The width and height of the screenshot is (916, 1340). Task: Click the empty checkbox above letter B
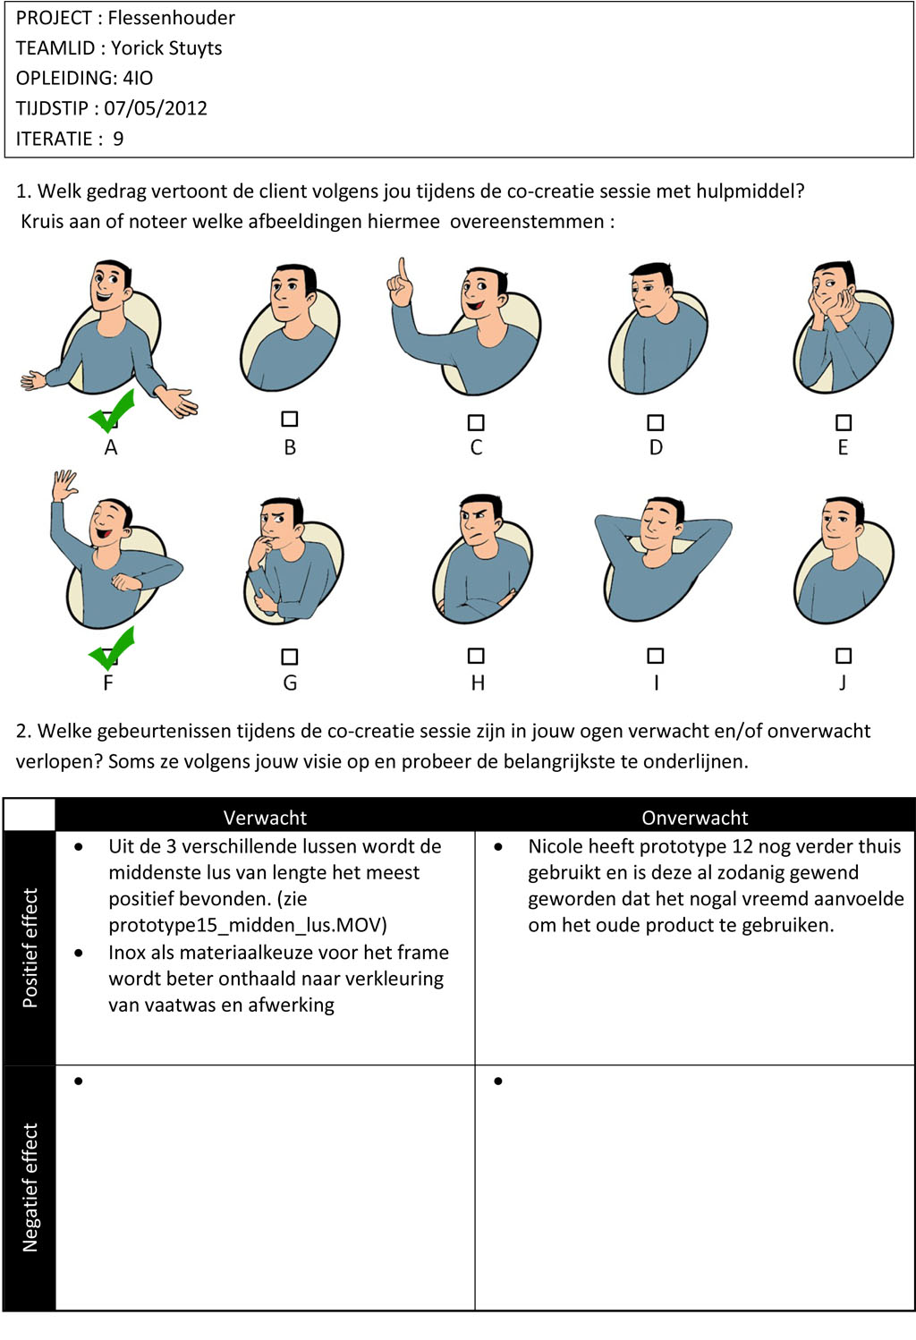coord(289,419)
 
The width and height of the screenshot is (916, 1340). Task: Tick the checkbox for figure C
coord(476,422)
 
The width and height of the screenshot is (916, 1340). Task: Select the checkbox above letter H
coord(476,656)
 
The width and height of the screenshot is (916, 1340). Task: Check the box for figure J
coord(843,656)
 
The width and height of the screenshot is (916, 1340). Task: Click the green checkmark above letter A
coord(112,411)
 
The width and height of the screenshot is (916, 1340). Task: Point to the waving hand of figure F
coord(64,486)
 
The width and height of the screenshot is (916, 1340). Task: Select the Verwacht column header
coord(265,818)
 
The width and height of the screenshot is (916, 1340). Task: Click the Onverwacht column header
coord(695,818)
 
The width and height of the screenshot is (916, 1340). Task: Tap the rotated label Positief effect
coord(30,948)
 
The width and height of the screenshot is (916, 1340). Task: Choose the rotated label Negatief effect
coord(30,1187)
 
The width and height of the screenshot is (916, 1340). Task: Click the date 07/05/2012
coord(156,108)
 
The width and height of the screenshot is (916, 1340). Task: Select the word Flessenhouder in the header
coord(171,18)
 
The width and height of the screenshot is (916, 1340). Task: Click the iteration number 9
coord(118,139)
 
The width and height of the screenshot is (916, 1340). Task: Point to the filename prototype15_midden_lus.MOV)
coord(248,925)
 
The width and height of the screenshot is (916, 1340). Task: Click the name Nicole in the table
coord(556,846)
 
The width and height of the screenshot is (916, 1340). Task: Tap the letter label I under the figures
coord(656,683)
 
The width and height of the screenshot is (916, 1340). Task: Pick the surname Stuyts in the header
coord(193,48)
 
